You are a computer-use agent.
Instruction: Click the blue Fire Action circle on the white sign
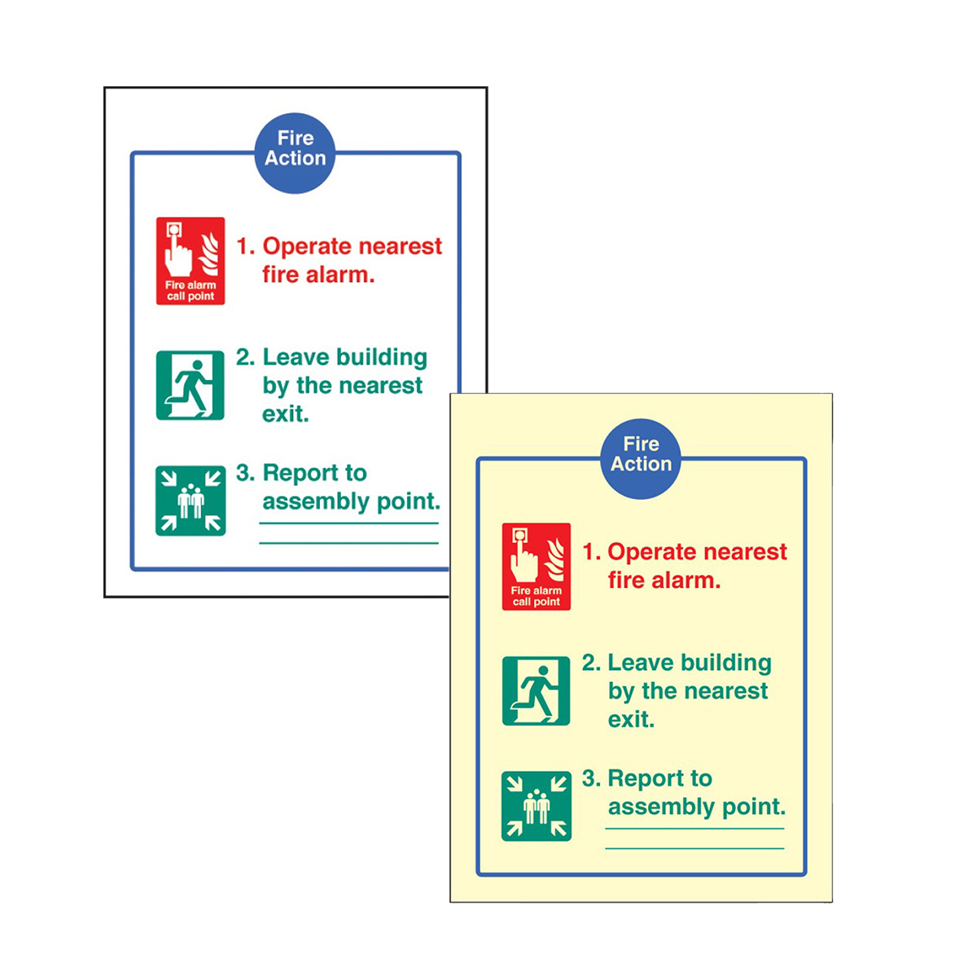pyautogui.click(x=295, y=152)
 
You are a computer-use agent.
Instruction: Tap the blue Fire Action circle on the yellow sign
pyautogui.click(x=641, y=458)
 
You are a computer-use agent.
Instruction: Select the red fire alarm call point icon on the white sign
pyautogui.click(x=191, y=261)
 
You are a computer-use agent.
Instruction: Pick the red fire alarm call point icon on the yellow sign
pyautogui.click(x=536, y=567)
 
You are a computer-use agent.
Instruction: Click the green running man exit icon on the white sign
pyautogui.click(x=191, y=385)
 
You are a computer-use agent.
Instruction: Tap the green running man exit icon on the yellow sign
pyautogui.click(x=536, y=690)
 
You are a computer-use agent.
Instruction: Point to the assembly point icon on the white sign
pyautogui.click(x=191, y=501)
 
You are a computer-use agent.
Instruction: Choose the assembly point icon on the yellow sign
pyautogui.click(x=537, y=806)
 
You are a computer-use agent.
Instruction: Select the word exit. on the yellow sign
pyautogui.click(x=631, y=719)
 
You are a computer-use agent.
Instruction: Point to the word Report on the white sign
pyautogui.click(x=300, y=474)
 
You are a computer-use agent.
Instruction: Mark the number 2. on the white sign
pyautogui.click(x=245, y=357)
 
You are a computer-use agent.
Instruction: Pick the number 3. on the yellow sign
pyautogui.click(x=591, y=778)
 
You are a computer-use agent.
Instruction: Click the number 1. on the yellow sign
pyautogui.click(x=591, y=552)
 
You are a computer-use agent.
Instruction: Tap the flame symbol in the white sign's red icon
pyautogui.click(x=208, y=253)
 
